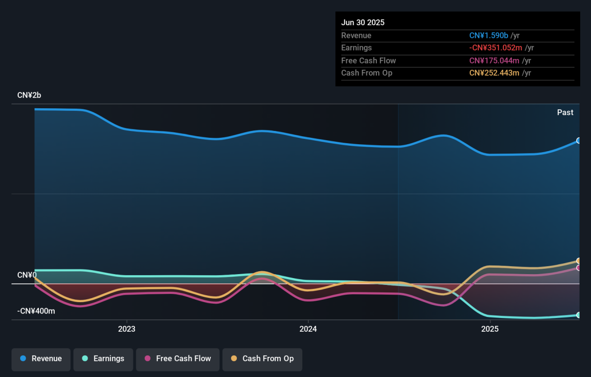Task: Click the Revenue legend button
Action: point(41,360)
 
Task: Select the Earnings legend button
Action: point(103,360)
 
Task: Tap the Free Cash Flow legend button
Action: point(178,360)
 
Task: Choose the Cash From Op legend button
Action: point(262,360)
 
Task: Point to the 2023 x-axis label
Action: point(127,329)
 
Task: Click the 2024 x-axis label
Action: point(308,329)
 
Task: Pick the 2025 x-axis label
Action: point(490,329)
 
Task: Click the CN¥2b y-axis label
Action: point(29,95)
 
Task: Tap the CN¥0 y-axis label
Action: point(27,275)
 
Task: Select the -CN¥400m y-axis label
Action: point(36,311)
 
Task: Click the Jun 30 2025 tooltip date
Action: point(363,23)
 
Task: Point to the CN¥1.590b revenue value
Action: point(489,35)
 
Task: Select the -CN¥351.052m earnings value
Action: point(495,48)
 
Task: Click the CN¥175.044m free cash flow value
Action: point(494,61)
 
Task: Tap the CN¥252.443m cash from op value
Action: point(494,73)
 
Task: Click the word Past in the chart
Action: point(565,113)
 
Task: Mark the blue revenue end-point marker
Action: point(578,141)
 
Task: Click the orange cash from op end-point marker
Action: point(578,261)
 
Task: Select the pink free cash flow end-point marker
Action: point(578,268)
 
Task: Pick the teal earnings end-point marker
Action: point(578,315)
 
